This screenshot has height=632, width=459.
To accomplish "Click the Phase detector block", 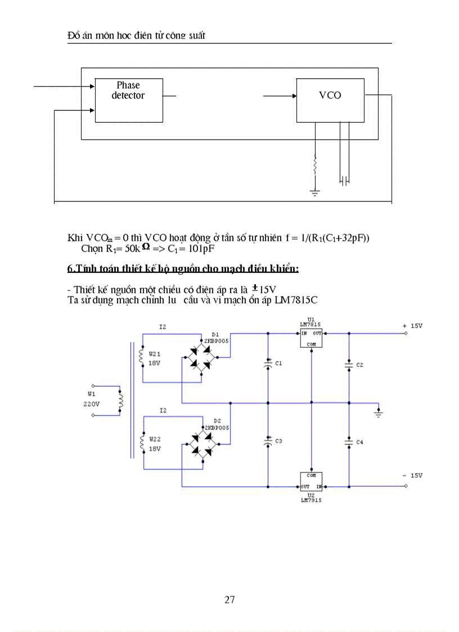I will pyautogui.click(x=129, y=100).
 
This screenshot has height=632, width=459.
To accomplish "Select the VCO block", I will pyautogui.click(x=330, y=100).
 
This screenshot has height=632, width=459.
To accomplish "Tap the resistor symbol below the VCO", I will pyautogui.click(x=315, y=165).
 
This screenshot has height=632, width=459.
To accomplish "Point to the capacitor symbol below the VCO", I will pyautogui.click(x=345, y=181).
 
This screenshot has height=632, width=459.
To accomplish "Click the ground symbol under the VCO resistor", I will pyautogui.click(x=315, y=192).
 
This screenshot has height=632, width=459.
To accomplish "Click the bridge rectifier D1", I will pyautogui.click(x=201, y=357).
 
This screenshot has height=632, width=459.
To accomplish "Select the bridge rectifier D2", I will pyautogui.click(x=201, y=445).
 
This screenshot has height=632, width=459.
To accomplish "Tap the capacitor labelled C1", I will pyautogui.click(x=268, y=364).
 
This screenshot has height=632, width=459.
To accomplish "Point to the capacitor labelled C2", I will pyautogui.click(x=349, y=365).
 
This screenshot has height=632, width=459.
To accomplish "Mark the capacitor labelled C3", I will pyautogui.click(x=268, y=441).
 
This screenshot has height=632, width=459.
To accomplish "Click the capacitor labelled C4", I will pyautogui.click(x=349, y=442).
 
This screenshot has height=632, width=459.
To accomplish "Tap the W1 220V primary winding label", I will pyautogui.click(x=92, y=399).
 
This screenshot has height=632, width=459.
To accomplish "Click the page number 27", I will pyautogui.click(x=229, y=599).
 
